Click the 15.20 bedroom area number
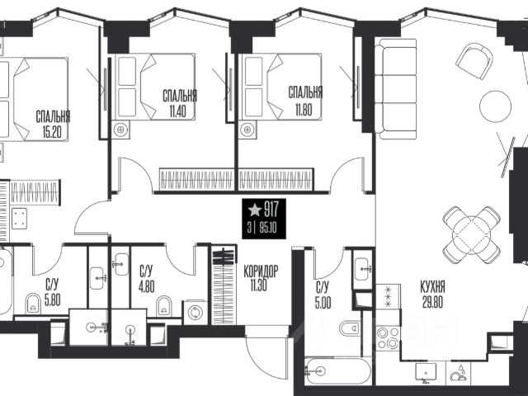[x=52, y=131]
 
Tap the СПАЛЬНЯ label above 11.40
[x=180, y=96]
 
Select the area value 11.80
[x=304, y=110]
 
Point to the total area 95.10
[x=268, y=228]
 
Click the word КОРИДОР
[x=261, y=271]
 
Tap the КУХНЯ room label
[x=432, y=287]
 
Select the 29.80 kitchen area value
[x=432, y=302]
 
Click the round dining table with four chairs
[x=471, y=235]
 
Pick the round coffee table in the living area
[x=495, y=106]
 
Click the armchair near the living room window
[x=474, y=61]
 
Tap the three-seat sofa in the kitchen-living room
[x=396, y=89]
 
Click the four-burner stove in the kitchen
[x=388, y=338]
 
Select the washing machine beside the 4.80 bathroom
[x=195, y=312]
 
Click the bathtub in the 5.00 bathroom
[x=337, y=371]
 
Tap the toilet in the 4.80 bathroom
[x=164, y=305]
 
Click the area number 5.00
[x=323, y=304]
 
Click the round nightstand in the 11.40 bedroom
[x=121, y=130]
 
